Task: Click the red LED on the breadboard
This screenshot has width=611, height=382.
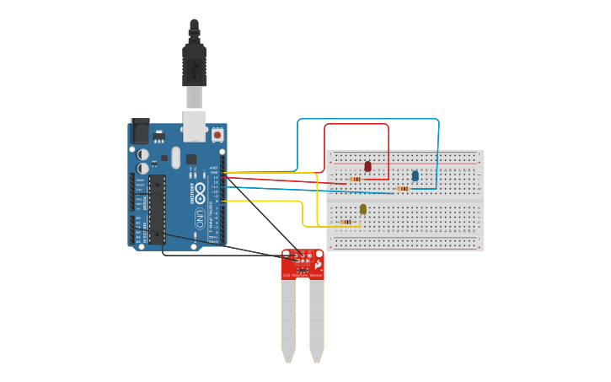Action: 367,166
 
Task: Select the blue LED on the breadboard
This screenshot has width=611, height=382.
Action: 415,175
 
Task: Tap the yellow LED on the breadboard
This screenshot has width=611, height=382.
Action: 363,208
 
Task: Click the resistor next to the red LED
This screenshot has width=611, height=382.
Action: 356,179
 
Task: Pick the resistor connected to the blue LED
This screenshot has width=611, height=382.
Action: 403,189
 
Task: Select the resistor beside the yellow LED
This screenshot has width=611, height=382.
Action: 346,223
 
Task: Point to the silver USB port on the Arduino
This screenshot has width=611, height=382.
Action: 195,126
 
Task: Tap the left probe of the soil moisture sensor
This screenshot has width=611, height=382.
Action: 288,320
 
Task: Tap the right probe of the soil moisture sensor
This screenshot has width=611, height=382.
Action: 316,320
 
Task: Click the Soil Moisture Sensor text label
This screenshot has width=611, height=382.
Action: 303,275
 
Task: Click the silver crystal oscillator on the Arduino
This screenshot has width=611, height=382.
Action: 175,158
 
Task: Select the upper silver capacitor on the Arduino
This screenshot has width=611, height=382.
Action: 144,155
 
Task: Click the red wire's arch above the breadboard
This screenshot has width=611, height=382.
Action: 356,125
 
